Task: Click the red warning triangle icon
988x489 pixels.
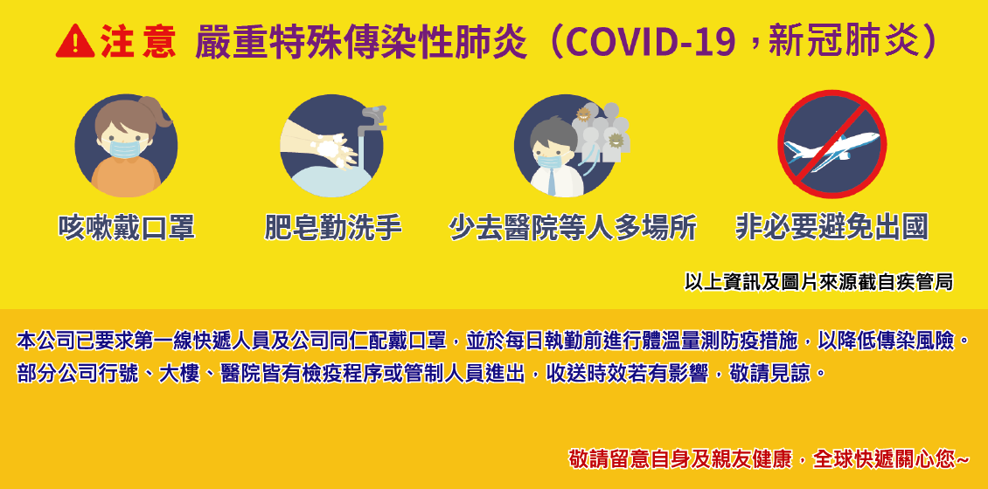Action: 75,42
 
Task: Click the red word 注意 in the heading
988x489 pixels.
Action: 138,42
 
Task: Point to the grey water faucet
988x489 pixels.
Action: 372,120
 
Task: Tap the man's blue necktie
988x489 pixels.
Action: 552,182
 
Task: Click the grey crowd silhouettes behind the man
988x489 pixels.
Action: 602,134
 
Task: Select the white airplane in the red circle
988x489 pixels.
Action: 831,150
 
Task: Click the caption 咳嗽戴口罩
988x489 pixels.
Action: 127,228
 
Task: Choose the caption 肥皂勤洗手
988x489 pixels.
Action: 333,228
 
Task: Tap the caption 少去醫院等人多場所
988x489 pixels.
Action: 573,228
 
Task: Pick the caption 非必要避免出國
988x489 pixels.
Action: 831,228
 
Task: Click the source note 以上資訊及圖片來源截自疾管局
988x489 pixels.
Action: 818,282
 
